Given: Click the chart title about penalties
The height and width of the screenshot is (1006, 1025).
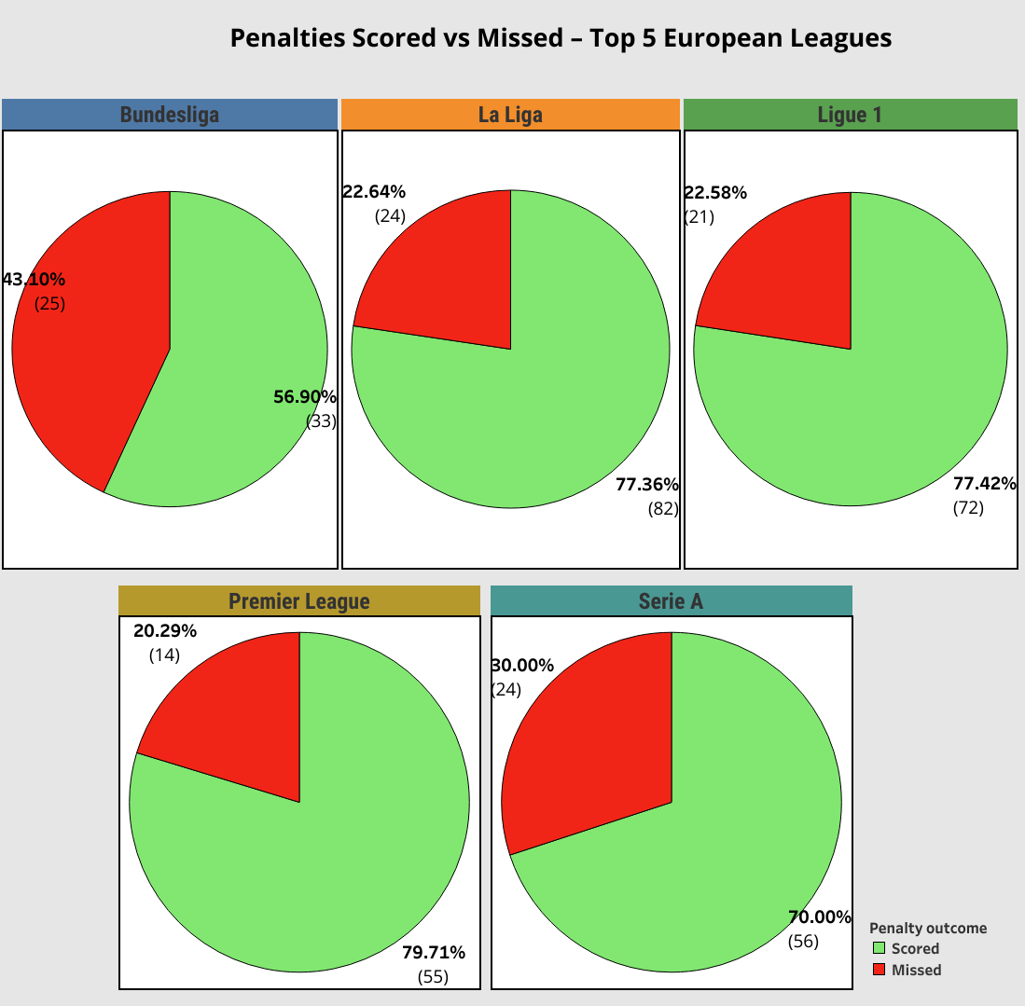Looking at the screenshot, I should tap(561, 38).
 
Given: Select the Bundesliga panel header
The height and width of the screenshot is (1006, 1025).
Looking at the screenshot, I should tap(170, 115).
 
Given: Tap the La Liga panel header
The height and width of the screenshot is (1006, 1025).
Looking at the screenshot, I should tap(510, 115).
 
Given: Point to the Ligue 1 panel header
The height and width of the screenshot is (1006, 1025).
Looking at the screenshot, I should tap(850, 115).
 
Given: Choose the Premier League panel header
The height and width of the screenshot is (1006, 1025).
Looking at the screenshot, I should tap(299, 601).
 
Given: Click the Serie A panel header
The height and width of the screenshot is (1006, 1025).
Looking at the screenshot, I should tap(671, 601).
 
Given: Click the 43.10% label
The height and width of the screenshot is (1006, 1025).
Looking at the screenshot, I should tap(35, 279).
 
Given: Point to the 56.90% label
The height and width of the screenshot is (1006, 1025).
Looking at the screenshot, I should tap(305, 396).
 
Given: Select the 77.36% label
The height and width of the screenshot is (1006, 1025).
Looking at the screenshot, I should tap(647, 484).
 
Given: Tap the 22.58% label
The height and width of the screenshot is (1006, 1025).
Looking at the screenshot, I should tap(715, 193).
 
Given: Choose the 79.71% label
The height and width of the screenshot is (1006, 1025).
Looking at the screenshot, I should tap(434, 952).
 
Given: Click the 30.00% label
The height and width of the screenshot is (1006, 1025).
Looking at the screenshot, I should tap(522, 665).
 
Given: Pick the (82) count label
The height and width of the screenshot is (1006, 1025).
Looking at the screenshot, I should tap(663, 508).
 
